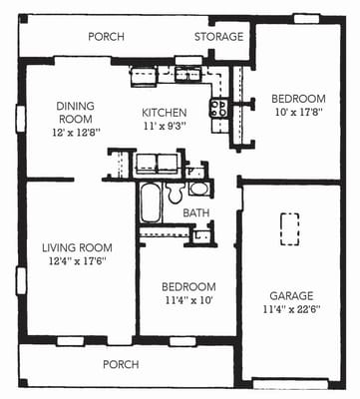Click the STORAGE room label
pos(218,37)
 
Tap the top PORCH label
pos(106,37)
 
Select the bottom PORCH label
pos(122,365)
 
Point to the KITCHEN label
pos(165,113)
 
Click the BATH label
pos(196,212)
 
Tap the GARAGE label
pos(291,296)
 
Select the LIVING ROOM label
pos(76,247)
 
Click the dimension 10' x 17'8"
pos(299,113)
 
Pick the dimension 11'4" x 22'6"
pos(291,310)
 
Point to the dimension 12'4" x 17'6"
pos(76,261)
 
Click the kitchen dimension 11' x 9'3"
pos(165,127)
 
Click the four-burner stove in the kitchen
pos(219,109)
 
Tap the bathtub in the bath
pos(150,205)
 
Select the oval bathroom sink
pos(198,189)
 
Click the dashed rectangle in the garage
pos(290,228)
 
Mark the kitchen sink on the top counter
pos(186,73)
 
